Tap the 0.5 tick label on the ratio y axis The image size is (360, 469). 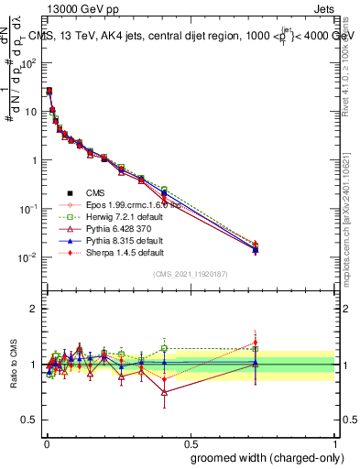(x=27, y=420)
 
